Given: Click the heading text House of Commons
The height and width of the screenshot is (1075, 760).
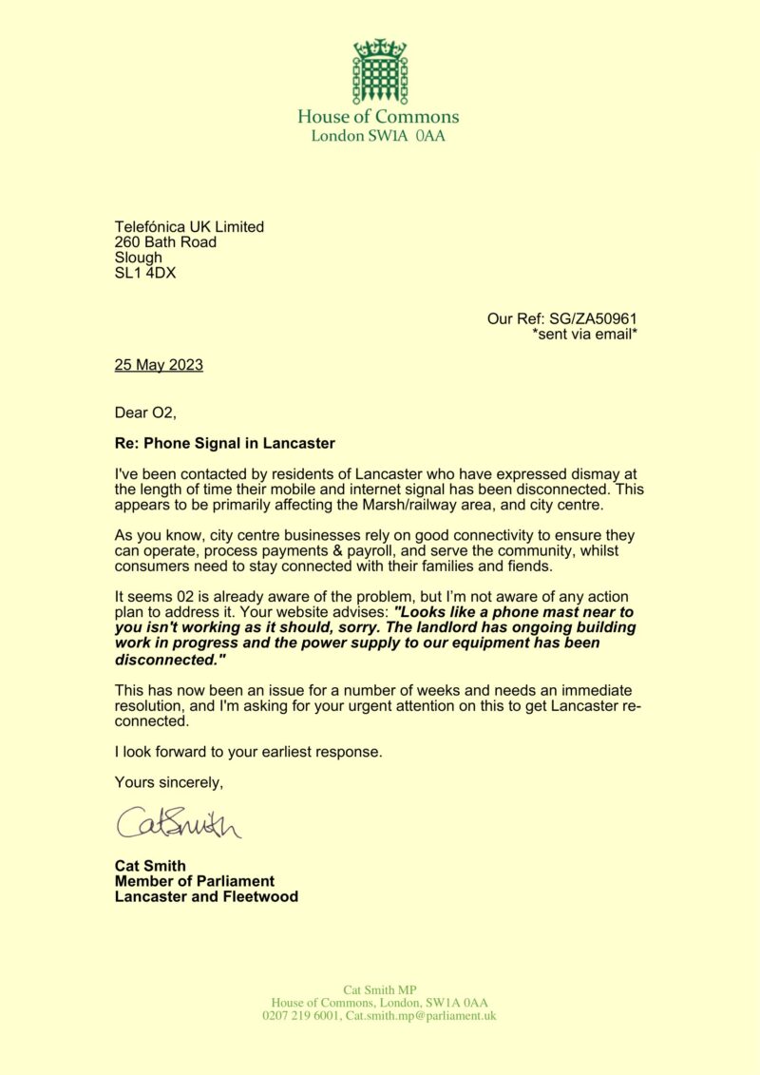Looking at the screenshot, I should [x=378, y=117].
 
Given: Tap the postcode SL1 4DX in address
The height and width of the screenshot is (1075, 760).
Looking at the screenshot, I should [x=144, y=273].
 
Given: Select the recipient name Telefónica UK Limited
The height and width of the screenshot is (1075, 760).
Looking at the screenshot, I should [x=189, y=227].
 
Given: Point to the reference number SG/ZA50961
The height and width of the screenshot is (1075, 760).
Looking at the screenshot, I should [x=596, y=318].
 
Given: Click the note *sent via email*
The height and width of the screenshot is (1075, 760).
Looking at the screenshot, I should [x=584, y=334].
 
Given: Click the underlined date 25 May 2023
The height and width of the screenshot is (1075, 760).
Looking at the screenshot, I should [x=159, y=364].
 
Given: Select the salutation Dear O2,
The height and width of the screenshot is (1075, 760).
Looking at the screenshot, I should [x=146, y=412].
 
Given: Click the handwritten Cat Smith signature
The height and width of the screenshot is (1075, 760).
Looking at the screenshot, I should [x=179, y=823].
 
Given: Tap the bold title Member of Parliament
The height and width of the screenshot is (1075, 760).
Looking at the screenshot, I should [x=194, y=881].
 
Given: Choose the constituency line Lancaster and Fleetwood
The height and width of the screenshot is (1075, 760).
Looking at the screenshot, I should [x=206, y=896].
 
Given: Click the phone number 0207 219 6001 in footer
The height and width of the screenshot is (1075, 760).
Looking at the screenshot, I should [x=301, y=1016].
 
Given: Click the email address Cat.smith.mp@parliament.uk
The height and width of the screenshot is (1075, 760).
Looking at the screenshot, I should [x=421, y=1016].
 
